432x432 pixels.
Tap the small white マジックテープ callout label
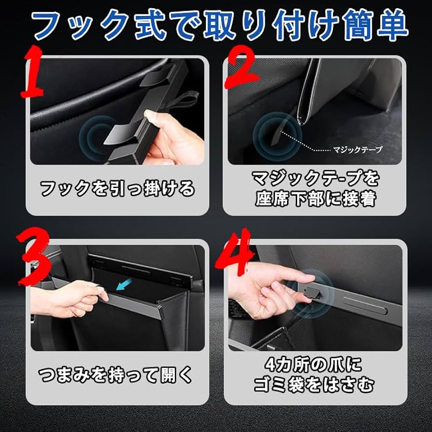358,149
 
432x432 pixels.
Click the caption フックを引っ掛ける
117,188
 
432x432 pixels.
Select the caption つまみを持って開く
116,374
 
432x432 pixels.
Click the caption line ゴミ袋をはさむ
314,385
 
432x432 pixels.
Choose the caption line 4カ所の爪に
314,364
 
